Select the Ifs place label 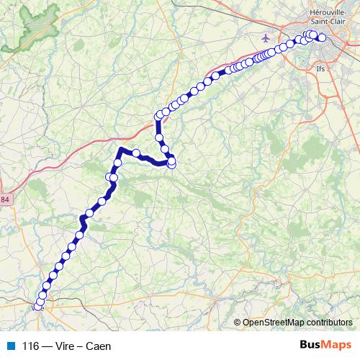pyautogui.click(x=321, y=69)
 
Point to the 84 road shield pyautogui.click(x=6, y=199)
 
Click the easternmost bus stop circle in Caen pyautogui.click(x=322, y=38)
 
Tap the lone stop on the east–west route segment pyautogui.click(x=135, y=152)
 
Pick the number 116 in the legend pyautogui.click(x=30, y=346)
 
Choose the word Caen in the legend pyautogui.click(x=99, y=346)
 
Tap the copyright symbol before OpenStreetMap pyautogui.click(x=238, y=323)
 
